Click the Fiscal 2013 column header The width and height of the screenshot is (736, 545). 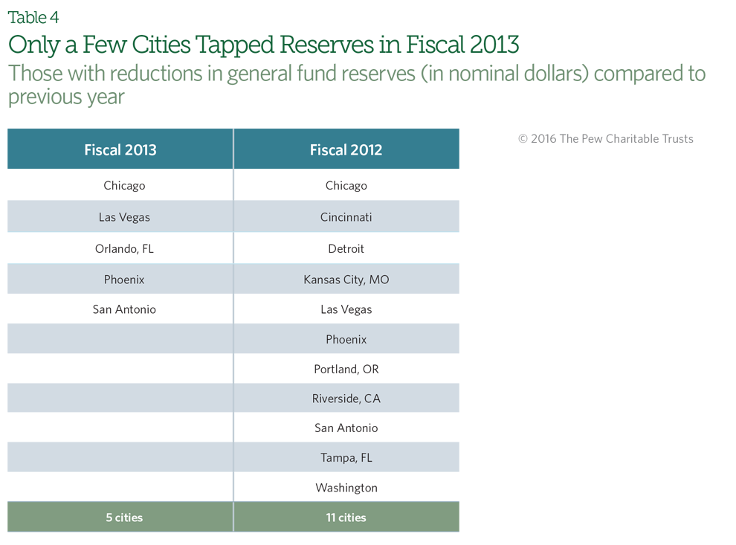click(120, 149)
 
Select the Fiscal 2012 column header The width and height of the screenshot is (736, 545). click(346, 149)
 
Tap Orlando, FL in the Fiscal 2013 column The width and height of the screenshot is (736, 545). click(124, 249)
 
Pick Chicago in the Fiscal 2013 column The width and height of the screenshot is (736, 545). click(124, 186)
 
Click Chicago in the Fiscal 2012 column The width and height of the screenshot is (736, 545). click(346, 186)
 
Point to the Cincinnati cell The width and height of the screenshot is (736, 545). click(346, 217)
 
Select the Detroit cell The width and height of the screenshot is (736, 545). click(346, 249)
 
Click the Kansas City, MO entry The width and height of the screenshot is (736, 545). click(346, 280)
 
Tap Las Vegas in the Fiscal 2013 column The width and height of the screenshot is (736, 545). click(124, 217)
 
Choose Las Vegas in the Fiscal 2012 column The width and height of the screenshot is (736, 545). click(346, 310)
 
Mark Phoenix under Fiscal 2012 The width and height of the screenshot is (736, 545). click(346, 339)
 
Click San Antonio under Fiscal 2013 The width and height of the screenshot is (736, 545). click(124, 309)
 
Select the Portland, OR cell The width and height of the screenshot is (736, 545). click(346, 370)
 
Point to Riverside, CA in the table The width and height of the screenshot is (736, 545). click(346, 399)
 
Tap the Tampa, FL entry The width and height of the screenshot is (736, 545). click(346, 458)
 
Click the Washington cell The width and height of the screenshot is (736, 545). click(346, 488)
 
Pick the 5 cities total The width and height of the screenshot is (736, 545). click(124, 517)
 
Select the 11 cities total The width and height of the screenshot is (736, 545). click(346, 517)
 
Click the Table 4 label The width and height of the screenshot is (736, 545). click(33, 18)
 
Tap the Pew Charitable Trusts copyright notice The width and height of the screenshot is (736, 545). click(605, 139)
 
